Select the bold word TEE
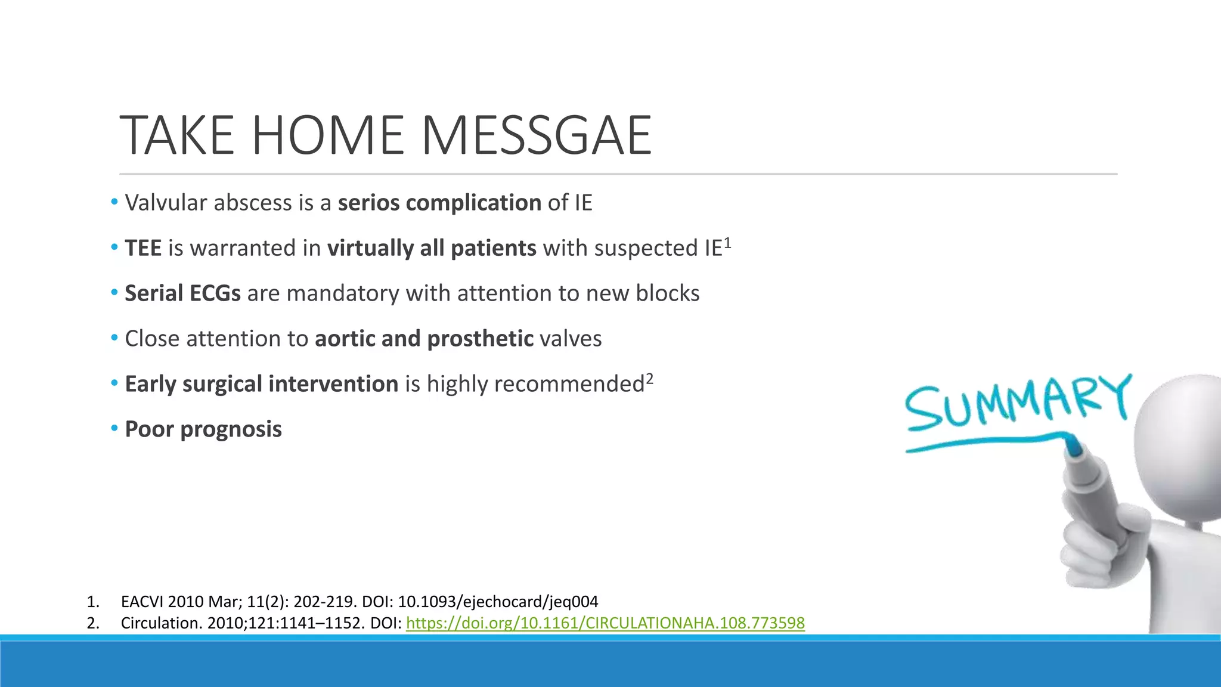click(143, 248)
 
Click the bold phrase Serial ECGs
click(182, 293)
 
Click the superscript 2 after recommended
click(650, 378)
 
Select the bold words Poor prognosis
click(203, 429)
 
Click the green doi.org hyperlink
click(605, 623)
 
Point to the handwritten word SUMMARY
click(1017, 403)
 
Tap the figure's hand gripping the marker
click(1103, 537)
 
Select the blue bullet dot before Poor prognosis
click(114, 428)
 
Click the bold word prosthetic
click(480, 339)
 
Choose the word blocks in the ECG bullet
click(667, 293)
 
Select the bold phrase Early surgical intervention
click(261, 384)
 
